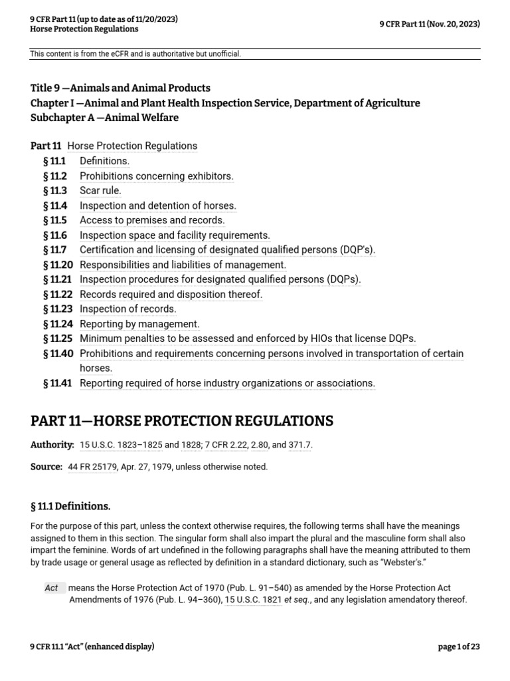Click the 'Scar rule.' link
(x=100, y=191)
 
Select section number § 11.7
(x=54, y=250)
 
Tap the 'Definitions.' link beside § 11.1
(x=104, y=161)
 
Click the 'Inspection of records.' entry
(x=127, y=309)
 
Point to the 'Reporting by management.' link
(x=139, y=324)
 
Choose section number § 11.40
(x=57, y=354)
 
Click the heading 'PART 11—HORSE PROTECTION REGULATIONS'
(x=182, y=421)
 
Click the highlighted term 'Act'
(x=52, y=588)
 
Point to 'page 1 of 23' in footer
(x=459, y=647)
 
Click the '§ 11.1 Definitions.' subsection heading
(x=70, y=507)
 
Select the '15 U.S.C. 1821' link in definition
(x=253, y=600)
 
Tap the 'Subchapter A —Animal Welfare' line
(x=104, y=118)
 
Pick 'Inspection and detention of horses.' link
(x=157, y=205)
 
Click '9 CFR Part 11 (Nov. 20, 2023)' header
(x=430, y=24)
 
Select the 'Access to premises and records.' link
(x=152, y=220)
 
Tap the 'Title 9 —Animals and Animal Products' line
(x=120, y=88)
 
